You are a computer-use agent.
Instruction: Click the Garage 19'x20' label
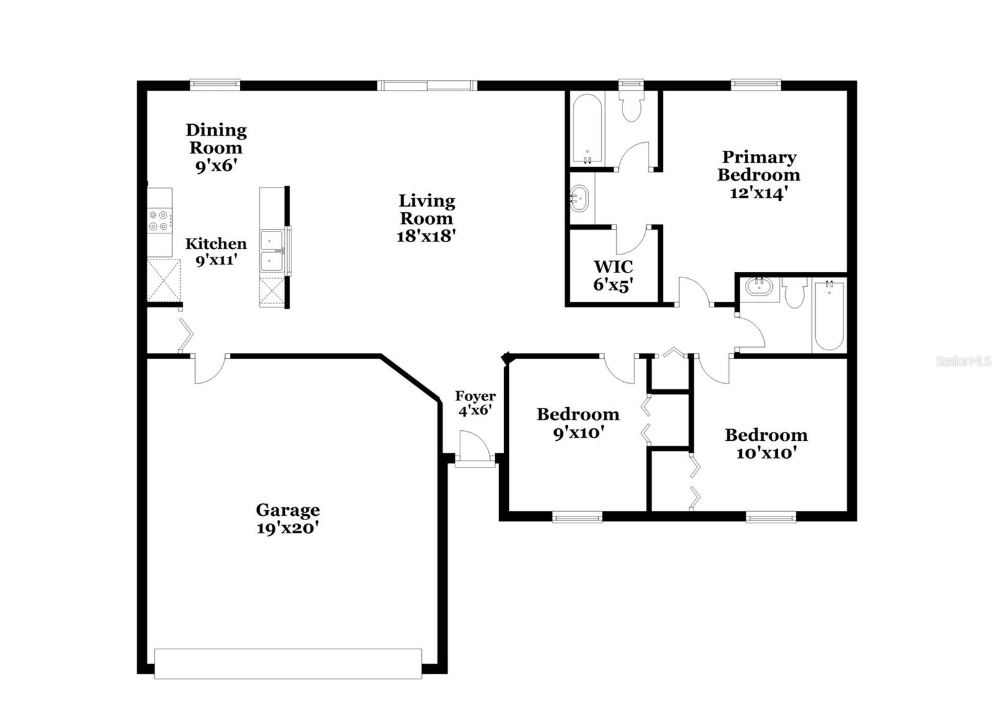coord(288,519)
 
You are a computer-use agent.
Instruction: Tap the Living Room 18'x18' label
coord(427,218)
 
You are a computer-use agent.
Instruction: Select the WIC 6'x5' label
coord(613,276)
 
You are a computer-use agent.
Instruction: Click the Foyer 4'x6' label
coord(475,403)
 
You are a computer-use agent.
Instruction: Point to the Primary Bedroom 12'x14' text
coord(759,174)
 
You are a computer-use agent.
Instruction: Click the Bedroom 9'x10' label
coord(578,423)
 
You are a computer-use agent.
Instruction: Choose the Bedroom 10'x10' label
coord(766,443)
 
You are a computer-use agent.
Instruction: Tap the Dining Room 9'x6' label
coord(216,148)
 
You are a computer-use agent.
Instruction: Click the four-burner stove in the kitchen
coord(160,221)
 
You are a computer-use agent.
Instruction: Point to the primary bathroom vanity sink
coord(580,199)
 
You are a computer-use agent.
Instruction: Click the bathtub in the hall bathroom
coord(829,315)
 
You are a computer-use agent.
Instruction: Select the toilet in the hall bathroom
coord(795,294)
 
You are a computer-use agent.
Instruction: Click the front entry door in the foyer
coord(475,448)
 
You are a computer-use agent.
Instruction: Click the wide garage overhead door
coord(288,663)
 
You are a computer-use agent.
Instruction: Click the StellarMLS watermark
coord(964,361)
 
